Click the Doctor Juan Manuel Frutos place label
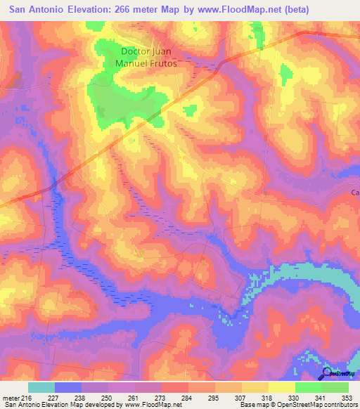point(147,57)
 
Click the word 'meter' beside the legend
point(8,397)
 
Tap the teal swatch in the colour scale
point(41,387)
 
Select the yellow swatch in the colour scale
point(282,387)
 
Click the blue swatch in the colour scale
point(68,387)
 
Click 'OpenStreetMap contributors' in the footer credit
point(311,405)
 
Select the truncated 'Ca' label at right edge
point(354,192)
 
